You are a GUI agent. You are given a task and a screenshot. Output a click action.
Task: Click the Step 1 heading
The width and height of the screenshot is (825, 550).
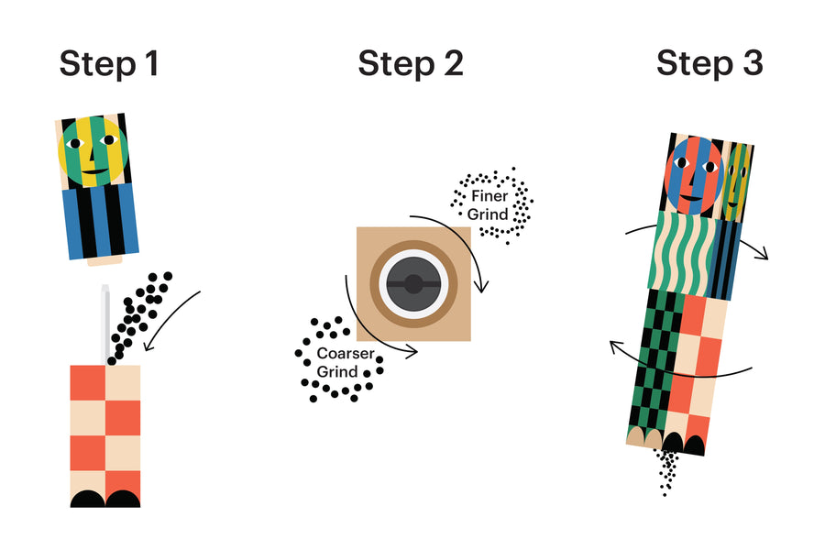coord(109,63)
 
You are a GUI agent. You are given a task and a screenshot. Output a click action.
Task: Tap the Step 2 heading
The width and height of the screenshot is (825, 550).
coord(411,63)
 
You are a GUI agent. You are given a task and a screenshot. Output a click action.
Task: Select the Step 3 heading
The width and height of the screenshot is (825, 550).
coord(709,63)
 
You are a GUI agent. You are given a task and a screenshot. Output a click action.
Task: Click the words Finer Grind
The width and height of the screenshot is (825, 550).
coord(488,204)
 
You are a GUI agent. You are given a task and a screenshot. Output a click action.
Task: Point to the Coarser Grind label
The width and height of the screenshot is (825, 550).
coord(346,362)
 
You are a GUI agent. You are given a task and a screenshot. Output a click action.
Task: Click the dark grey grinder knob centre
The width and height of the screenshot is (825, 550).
coord(413,284)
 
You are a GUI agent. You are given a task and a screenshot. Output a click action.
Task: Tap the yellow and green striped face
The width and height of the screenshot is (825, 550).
coord(93,151)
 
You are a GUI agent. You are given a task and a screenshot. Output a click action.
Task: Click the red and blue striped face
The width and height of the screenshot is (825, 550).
coord(694,176)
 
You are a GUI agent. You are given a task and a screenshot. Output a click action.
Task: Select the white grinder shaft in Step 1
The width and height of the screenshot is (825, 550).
coord(105,324)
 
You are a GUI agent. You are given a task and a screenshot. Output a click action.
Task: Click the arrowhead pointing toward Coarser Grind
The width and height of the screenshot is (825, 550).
coord(412,351)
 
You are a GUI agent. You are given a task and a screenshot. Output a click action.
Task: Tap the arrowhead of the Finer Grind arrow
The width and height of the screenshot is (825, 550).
coord(481,287)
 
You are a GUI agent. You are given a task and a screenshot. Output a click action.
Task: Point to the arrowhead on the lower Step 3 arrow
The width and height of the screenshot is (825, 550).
coord(615,346)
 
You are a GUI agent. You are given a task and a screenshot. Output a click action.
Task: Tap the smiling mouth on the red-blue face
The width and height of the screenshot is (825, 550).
coord(692,199)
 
